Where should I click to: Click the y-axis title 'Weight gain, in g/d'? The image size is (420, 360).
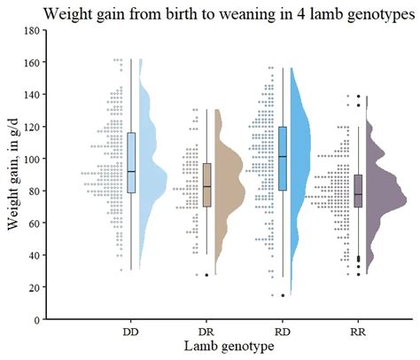pos(14,175)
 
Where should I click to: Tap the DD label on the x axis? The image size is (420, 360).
pos(130,331)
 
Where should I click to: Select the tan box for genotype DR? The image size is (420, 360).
pos(207,184)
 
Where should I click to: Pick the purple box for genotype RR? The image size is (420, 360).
pos(359,190)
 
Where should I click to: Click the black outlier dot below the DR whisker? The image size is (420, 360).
pos(207,275)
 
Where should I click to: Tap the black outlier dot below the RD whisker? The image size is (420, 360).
pos(284,295)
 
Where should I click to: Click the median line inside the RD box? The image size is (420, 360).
pos(284,157)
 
